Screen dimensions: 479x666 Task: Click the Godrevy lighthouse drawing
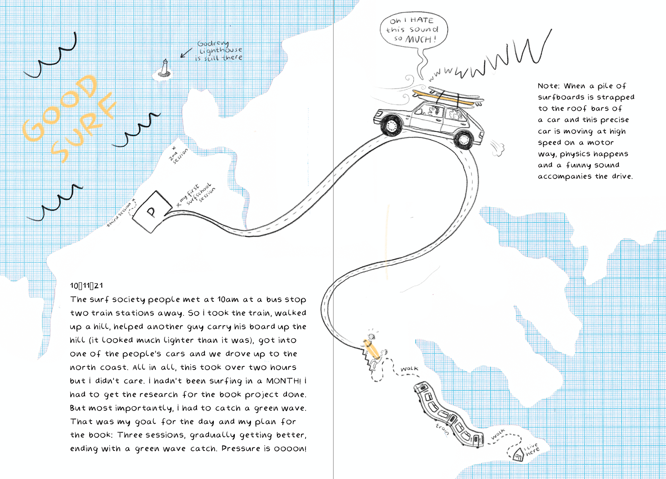(x=165, y=68)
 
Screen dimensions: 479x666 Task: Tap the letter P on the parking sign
(x=151, y=211)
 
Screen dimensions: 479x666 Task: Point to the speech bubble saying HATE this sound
(x=413, y=30)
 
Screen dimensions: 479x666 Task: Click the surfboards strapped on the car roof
(x=447, y=97)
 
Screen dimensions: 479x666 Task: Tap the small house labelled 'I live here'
(x=518, y=454)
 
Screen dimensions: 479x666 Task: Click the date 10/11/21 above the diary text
(x=86, y=286)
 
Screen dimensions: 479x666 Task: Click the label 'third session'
(x=119, y=215)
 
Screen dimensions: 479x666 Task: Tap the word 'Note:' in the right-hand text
(x=548, y=86)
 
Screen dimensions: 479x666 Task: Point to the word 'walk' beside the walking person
(x=409, y=369)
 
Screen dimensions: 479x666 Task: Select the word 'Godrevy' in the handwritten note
(x=213, y=43)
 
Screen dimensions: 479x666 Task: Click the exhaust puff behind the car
(x=498, y=148)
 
